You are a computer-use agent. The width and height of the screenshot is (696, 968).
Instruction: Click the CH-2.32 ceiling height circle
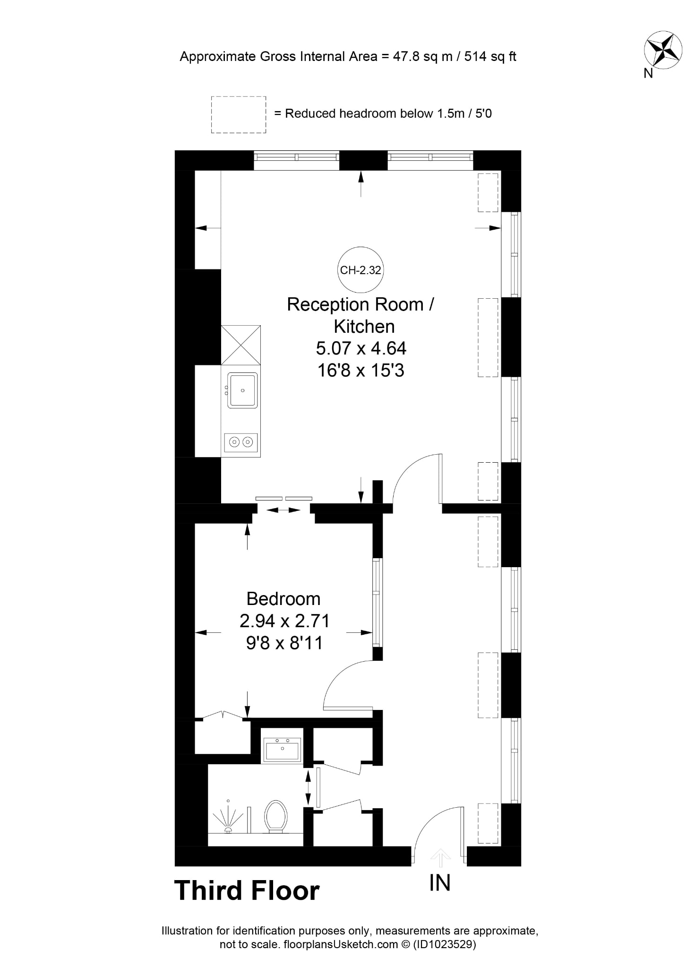click(361, 270)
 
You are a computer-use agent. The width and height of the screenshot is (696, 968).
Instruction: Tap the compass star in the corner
click(663, 49)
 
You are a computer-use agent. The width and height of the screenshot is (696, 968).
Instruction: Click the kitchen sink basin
click(242, 390)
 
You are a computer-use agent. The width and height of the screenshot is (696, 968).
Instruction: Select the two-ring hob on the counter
click(241, 442)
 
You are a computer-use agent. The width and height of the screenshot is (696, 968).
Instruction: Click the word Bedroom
click(284, 599)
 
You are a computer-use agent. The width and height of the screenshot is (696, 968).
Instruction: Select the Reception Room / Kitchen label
click(361, 315)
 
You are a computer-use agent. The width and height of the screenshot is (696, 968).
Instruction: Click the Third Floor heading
click(247, 890)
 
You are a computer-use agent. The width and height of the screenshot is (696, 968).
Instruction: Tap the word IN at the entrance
click(440, 882)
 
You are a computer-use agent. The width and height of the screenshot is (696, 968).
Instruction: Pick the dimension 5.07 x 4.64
click(361, 348)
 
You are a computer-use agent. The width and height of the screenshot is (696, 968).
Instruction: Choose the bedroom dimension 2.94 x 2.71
click(284, 621)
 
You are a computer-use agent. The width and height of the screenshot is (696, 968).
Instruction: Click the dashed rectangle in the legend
click(239, 114)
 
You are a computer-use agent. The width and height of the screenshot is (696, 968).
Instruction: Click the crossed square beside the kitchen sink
click(241, 345)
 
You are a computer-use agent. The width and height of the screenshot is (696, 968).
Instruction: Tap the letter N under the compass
click(648, 73)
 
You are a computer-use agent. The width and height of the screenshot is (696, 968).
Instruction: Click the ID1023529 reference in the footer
click(444, 944)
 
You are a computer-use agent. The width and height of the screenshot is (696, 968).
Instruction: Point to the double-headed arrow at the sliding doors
click(284, 510)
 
